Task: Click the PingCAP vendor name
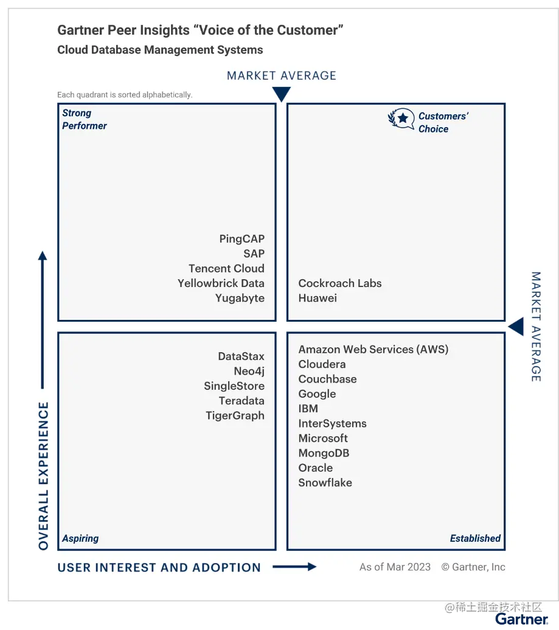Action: coord(241,239)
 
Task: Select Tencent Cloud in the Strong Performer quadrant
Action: coord(226,269)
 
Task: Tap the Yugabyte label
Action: coord(240,298)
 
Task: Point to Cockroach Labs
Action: coord(340,283)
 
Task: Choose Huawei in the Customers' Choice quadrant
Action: coord(318,298)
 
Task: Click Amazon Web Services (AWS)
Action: coord(373,350)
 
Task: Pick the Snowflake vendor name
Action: coord(325,483)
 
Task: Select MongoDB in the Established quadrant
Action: coord(324,453)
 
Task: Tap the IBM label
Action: coord(308,409)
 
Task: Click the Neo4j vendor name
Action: coord(249,372)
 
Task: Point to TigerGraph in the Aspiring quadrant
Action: coord(235,416)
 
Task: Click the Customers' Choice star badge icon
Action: coord(401,119)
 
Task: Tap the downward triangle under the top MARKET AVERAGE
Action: coord(281,94)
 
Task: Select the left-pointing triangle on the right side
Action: coord(516,327)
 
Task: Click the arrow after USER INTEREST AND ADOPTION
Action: coord(294,567)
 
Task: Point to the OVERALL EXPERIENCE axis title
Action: coord(43,476)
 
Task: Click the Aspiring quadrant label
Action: coord(80,538)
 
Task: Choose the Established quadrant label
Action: coord(475,538)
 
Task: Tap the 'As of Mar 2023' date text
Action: coord(395,567)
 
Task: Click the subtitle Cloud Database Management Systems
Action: coord(160,50)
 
